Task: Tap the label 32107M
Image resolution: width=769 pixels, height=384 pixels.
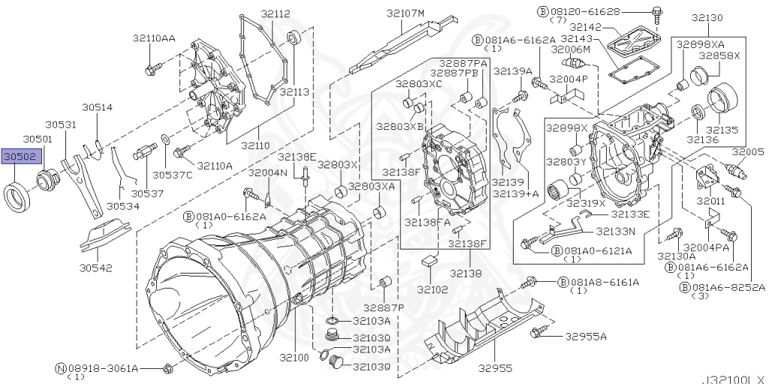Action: [x=406, y=13]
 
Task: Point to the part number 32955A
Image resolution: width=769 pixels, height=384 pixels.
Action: [x=587, y=336]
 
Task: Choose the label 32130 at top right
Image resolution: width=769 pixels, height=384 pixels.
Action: [x=707, y=17]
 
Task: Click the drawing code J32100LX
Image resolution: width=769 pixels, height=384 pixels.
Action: [x=732, y=378]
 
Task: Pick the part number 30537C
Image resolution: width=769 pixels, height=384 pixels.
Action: [x=173, y=174]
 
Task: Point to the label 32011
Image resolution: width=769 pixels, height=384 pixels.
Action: [x=710, y=201]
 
